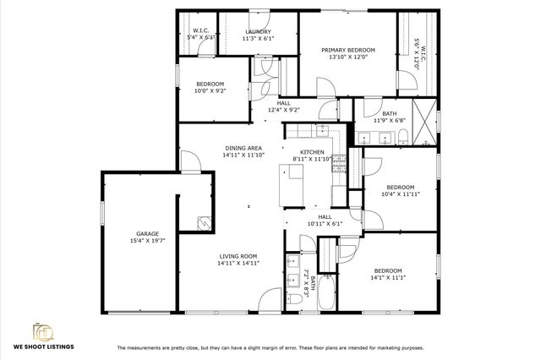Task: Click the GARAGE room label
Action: pos(148,234)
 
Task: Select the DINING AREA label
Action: pos(243,148)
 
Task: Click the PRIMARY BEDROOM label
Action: pos(347,50)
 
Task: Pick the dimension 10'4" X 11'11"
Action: pos(400,194)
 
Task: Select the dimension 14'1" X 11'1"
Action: pos(389,277)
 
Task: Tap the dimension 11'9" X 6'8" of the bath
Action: pos(389,120)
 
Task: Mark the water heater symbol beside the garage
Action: pos(204,222)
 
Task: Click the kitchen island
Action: pos(294,182)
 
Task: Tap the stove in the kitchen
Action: pos(338,161)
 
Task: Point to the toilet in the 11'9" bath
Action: pos(403,136)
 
